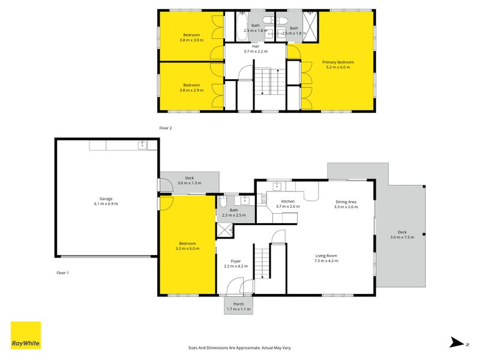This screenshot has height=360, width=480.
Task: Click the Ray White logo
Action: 26,335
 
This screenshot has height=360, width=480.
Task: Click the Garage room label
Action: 106,199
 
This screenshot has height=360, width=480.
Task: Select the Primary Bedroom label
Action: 338,62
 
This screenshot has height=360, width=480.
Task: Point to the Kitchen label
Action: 288,202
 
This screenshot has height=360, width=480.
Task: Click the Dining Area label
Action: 346,202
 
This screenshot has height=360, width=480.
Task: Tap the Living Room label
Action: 326,256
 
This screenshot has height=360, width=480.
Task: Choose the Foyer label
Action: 236,261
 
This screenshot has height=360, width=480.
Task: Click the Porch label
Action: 238,304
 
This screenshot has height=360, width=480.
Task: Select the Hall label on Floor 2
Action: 256,46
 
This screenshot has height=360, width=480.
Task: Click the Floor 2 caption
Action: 166,128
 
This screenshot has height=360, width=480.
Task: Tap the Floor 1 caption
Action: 63,273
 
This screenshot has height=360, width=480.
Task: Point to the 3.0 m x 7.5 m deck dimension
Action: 402,237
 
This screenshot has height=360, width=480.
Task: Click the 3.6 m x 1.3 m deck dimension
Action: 190,183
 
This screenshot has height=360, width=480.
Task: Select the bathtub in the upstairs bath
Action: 242,26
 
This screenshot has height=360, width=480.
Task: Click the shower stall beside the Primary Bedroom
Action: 310,26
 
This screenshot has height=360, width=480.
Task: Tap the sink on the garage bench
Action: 142,145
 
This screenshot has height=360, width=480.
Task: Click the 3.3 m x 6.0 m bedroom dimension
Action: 187,248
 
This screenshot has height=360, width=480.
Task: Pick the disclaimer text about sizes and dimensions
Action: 239,348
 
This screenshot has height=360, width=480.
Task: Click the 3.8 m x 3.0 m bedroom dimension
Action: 191,40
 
